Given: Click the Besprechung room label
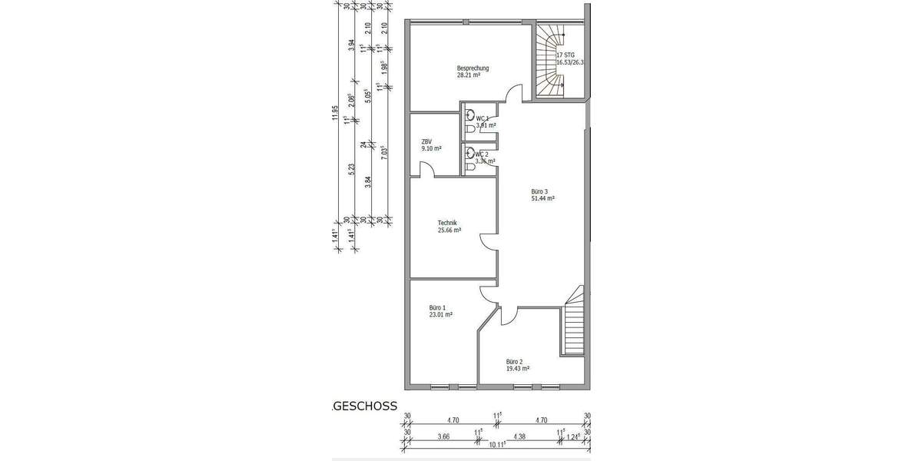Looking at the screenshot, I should point(473,68).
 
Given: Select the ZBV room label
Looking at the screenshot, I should point(426,141).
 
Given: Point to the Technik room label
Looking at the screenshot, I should point(448,223).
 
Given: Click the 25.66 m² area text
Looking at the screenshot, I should point(449,230).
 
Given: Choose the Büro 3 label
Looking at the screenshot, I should point(540,191).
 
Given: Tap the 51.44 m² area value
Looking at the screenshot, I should point(542,198).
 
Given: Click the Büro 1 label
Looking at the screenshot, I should point(438,307).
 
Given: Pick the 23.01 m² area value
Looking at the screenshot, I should point(440,314).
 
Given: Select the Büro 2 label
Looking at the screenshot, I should point(514,360).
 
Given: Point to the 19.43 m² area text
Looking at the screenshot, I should point(517,368).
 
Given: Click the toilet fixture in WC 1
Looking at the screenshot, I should point(469,117).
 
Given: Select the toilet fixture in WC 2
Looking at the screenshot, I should point(469,154).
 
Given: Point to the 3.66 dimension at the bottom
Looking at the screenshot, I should point(443,438).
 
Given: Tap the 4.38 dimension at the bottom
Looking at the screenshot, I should point(520,438).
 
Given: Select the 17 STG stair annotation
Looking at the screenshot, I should point(565,55).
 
